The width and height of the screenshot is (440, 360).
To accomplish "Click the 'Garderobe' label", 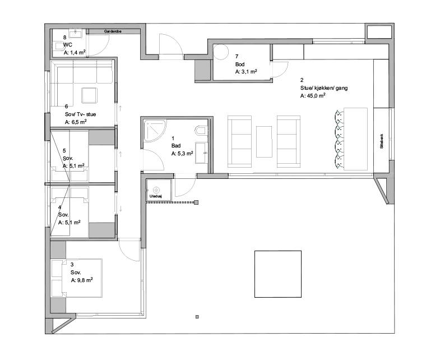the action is point(113,31).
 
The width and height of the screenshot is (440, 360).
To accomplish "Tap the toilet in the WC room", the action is point(58,46).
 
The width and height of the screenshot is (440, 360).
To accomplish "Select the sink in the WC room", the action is point(76,34).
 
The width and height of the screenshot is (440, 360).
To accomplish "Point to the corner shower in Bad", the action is point(155,130).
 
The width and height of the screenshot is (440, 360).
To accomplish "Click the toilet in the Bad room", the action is point(201,131).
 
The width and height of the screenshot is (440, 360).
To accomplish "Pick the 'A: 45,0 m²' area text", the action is point(313,96).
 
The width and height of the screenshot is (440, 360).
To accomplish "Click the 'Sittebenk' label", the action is point(381,141).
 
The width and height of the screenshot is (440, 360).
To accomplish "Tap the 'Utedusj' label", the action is point(155,196).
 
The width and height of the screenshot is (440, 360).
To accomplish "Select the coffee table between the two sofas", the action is point(264,142).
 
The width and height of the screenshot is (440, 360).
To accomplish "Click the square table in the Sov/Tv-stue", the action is point(90,95).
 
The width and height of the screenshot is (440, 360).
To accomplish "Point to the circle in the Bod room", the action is point(221,52).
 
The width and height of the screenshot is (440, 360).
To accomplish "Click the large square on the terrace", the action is point(278,274).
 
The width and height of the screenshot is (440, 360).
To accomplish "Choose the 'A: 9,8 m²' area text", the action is point(82,280).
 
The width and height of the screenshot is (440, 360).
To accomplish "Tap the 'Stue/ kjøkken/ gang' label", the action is point(324,88).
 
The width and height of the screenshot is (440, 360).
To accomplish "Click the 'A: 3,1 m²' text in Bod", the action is point(246,72).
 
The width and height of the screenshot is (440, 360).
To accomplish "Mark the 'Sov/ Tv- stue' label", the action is point(80,114).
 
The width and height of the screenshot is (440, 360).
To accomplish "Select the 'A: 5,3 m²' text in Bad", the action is point(182,154).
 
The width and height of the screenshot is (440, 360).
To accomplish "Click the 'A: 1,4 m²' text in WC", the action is point(75,52).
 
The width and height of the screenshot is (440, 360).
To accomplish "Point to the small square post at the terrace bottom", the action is point(197,317).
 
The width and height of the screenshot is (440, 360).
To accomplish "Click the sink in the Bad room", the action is point(202,153).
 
